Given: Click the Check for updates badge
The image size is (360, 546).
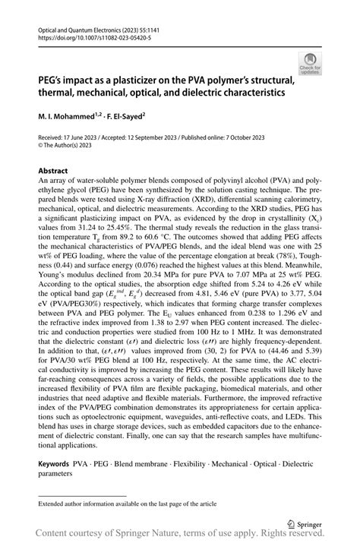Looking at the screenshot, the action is click(311, 63).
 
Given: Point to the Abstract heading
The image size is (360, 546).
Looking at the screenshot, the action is click(55, 171).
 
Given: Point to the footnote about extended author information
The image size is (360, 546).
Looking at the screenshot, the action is click(128, 503).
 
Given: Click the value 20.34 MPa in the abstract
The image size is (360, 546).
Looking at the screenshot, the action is click(193, 299).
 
